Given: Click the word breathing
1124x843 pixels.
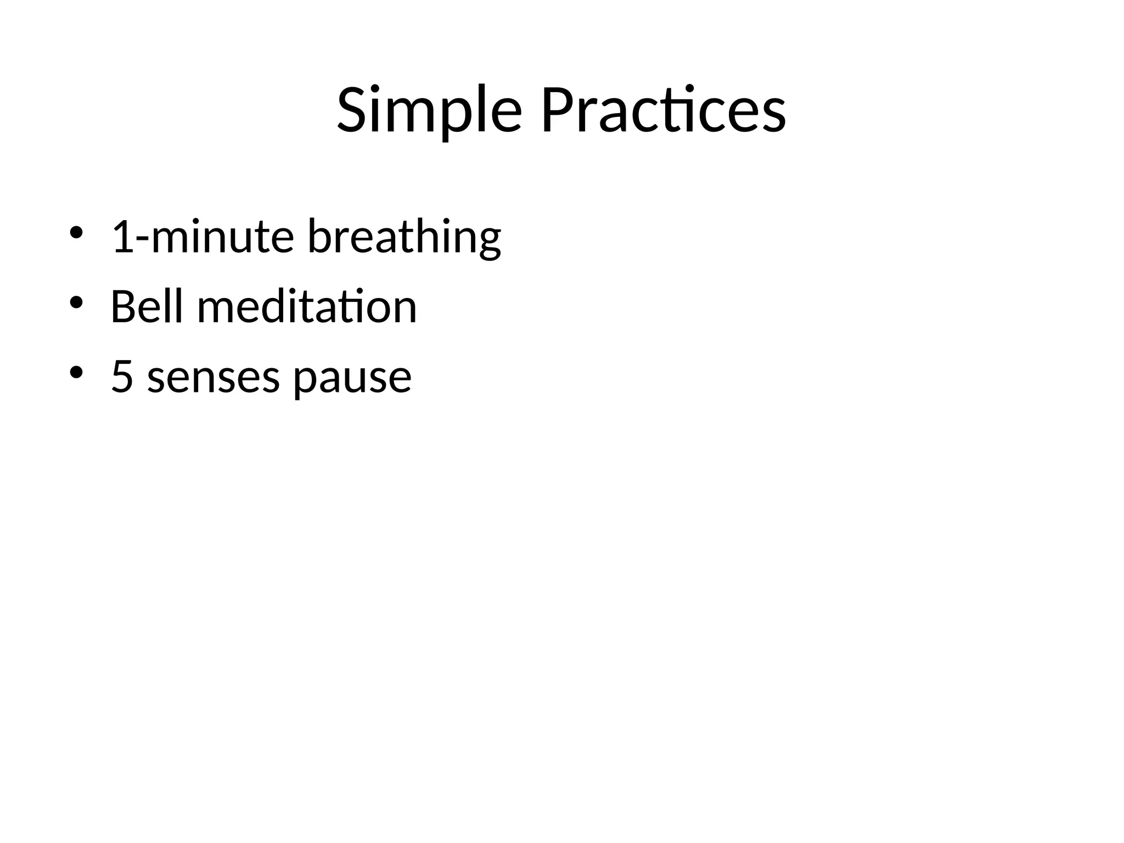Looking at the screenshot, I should tap(404, 237).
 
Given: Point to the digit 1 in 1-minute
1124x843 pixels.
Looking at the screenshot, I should tap(122, 236).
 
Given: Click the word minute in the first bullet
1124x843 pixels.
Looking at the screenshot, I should tap(222, 237).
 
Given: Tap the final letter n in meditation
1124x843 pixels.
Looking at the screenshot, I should tap(404, 310).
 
